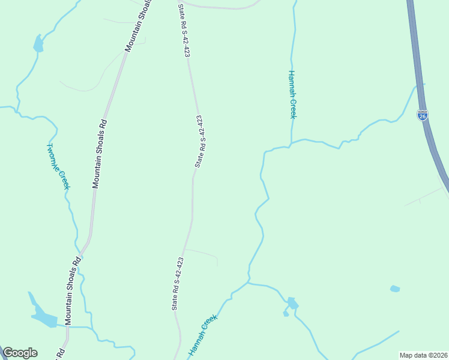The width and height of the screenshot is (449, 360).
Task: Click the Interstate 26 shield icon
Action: (423, 115)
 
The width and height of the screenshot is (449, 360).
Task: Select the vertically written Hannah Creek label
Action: (292, 94)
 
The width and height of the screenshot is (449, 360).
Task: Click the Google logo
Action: (20, 353)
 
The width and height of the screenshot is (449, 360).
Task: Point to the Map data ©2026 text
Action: (423, 355)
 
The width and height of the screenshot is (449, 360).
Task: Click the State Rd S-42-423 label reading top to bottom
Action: (184, 30)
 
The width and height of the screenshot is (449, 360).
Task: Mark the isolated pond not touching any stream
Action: (394, 289)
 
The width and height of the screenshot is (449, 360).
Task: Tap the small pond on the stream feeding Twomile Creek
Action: (38, 44)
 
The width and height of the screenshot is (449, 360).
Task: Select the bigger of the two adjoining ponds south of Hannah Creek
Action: (292, 303)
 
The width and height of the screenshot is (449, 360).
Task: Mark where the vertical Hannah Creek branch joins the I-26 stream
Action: (291, 144)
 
